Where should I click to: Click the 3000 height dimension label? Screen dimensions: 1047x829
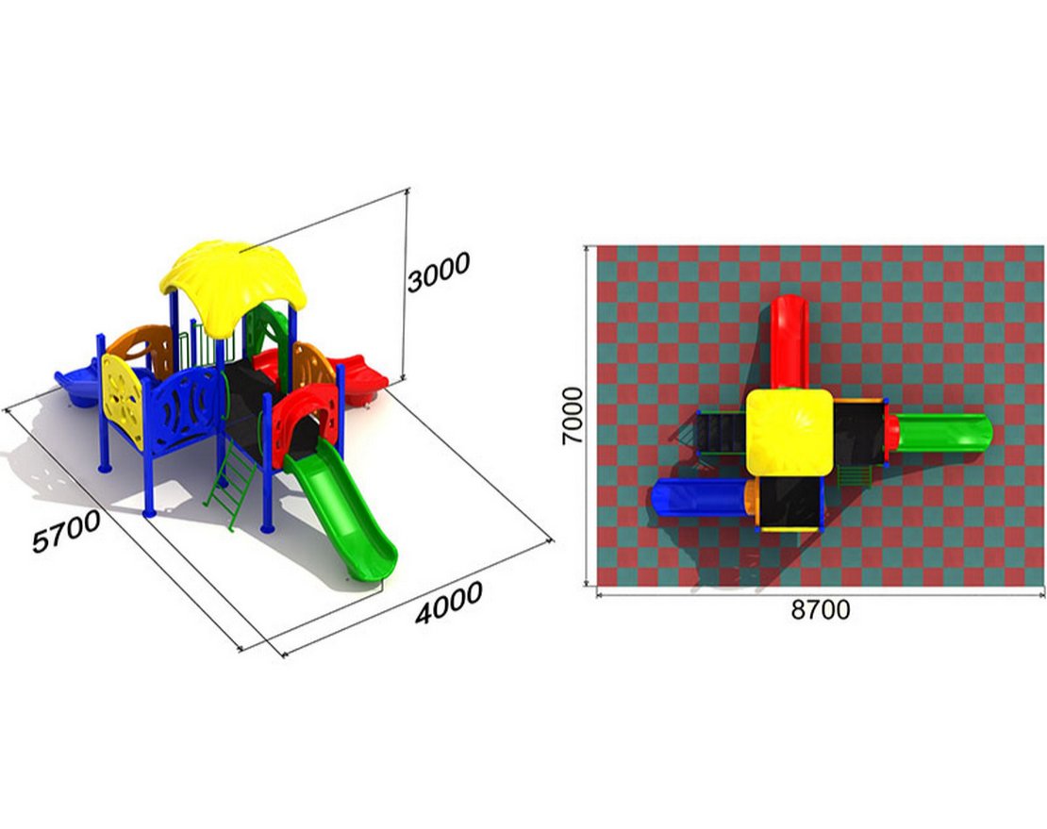(438, 272)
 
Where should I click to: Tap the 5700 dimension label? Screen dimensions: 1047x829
(66, 531)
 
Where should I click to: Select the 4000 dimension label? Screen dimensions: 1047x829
(449, 603)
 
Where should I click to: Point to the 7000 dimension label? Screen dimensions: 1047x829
(573, 416)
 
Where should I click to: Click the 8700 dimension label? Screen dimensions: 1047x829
(821, 609)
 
